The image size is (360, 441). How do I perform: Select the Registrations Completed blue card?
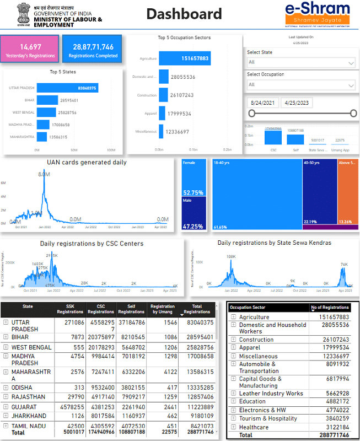click(92, 50)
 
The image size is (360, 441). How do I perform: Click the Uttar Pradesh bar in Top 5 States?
click(68, 88)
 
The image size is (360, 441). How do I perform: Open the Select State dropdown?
click(301, 62)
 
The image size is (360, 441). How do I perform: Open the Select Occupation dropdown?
click(301, 84)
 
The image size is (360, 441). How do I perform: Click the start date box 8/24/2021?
click(263, 103)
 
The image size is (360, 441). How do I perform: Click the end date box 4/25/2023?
click(295, 103)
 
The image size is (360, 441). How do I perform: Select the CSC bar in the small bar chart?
click(273, 137)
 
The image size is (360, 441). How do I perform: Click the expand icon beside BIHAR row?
click(6, 337)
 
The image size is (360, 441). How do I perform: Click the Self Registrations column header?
click(131, 309)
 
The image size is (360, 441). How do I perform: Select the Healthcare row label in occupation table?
click(254, 427)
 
